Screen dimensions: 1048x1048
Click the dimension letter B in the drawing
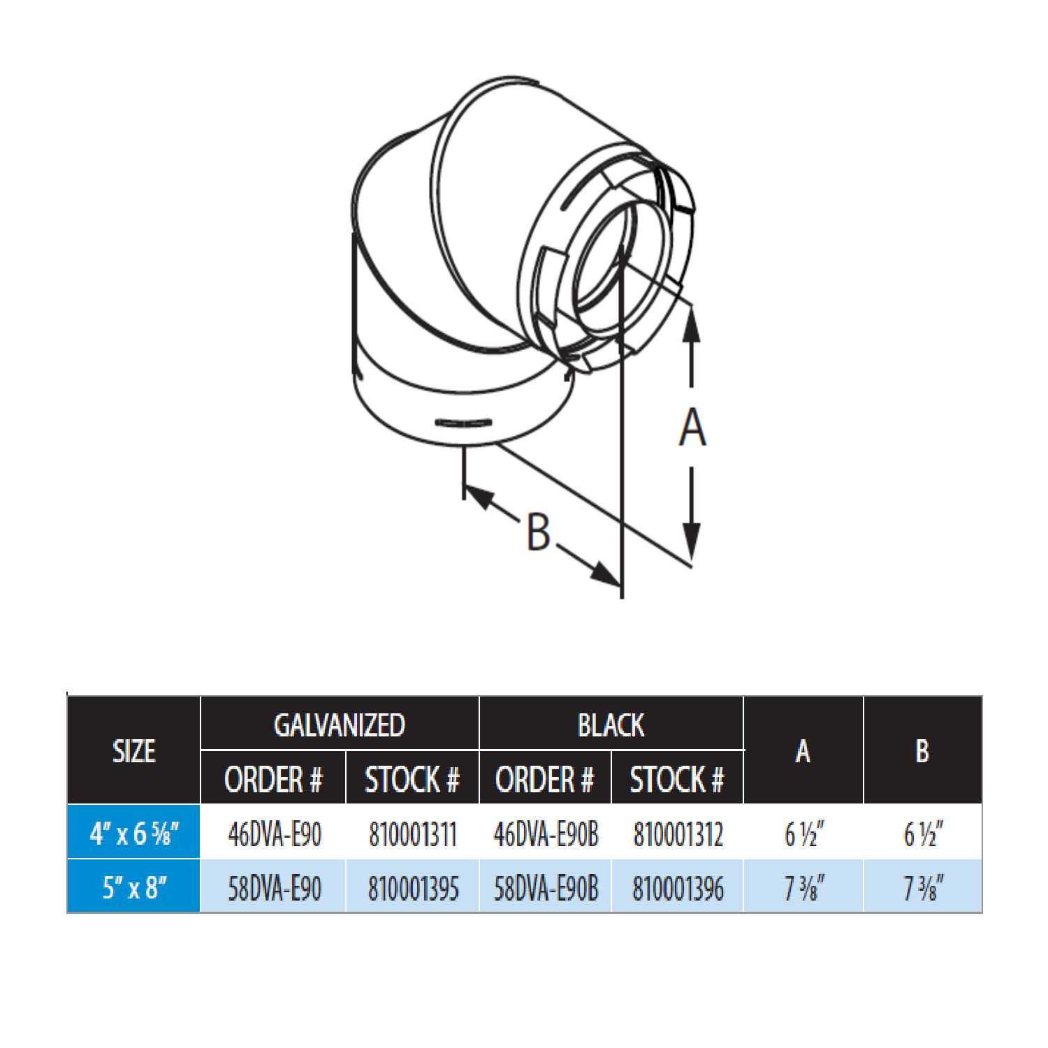pyautogui.click(x=537, y=532)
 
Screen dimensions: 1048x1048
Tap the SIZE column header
pyautogui.click(x=133, y=751)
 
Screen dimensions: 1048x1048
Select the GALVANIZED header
pyautogui.click(x=340, y=725)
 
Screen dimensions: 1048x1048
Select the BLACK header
pyautogui.click(x=611, y=725)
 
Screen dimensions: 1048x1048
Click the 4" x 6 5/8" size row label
pyautogui.click(x=134, y=834)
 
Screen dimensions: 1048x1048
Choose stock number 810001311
pyautogui.click(x=412, y=834)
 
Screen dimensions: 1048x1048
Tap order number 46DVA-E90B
pyautogui.click(x=546, y=834)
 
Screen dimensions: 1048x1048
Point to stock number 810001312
pyautogui.click(x=677, y=834)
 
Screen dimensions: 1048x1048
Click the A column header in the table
pyautogui.click(x=803, y=751)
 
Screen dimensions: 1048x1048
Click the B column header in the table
pyautogui.click(x=922, y=751)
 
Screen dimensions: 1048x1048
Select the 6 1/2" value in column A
pyautogui.click(x=803, y=834)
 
